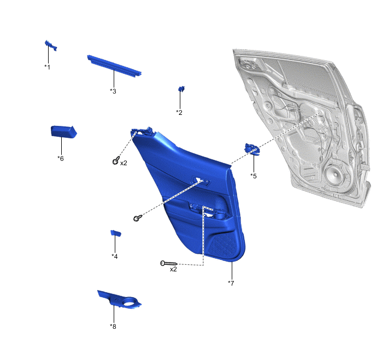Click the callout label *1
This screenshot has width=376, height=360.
coord(47,67)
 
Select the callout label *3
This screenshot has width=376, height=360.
coord(113,91)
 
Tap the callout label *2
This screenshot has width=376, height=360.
coord(179,112)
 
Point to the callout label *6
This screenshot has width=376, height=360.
coord(61,159)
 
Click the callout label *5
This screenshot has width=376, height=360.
coord(254,176)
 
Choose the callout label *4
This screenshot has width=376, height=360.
coord(115,256)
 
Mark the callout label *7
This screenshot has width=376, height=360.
coord(231,283)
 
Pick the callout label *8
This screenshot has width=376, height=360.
coord(113,327)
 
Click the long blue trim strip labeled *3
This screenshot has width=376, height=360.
coord(114,66)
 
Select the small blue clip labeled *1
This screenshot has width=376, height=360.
coord(51,45)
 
